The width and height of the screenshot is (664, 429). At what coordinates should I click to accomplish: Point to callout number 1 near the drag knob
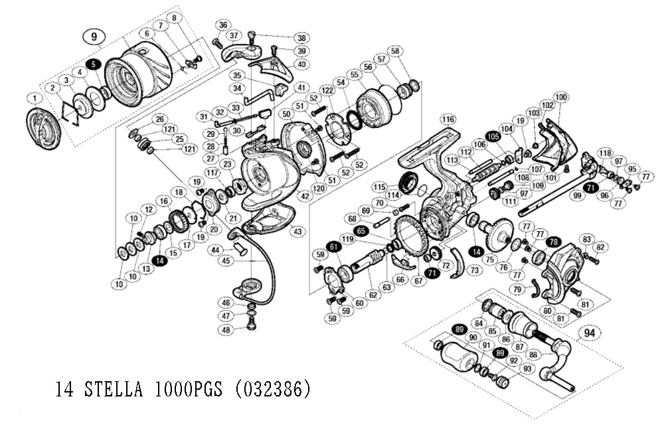click(x=31, y=99)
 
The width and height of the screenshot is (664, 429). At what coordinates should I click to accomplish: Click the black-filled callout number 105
click(x=492, y=135)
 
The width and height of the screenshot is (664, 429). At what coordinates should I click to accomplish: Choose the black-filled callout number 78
click(x=554, y=241)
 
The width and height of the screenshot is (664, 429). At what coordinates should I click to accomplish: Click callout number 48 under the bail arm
click(x=226, y=330)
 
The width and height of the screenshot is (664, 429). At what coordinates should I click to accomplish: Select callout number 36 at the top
click(x=222, y=25)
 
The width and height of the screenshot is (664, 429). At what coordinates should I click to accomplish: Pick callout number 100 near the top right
click(x=561, y=98)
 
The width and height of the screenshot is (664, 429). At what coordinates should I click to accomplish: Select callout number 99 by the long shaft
click(x=577, y=196)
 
